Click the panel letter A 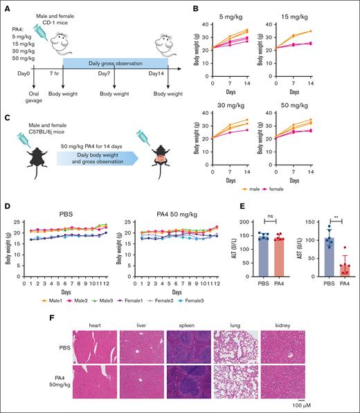point(6,6)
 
